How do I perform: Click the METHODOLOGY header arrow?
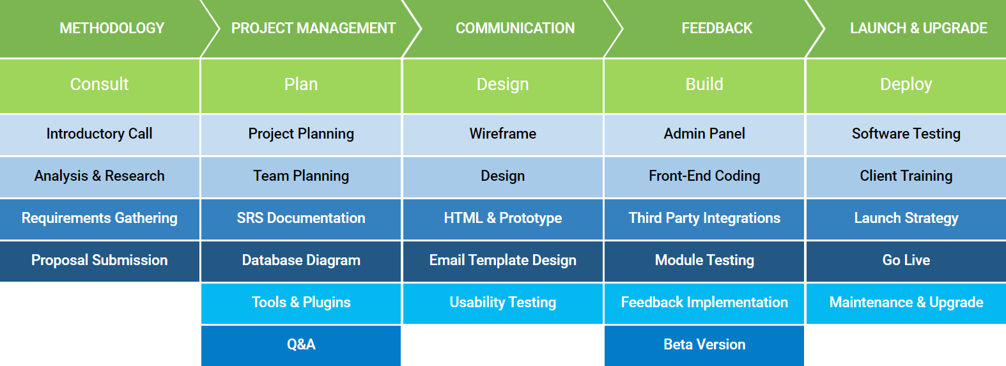click(112, 28)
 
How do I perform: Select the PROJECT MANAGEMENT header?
click(313, 28)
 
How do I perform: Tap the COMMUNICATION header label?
click(515, 28)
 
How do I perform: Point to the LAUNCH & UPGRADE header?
click(918, 28)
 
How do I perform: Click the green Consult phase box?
click(100, 85)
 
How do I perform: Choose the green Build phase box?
click(704, 85)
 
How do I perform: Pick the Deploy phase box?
click(906, 85)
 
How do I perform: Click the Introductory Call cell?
click(100, 134)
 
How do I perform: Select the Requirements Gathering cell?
click(100, 218)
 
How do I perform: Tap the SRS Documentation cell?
click(301, 218)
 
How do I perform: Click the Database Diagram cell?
click(301, 261)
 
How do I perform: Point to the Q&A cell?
click(301, 345)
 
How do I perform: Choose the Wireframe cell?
click(503, 134)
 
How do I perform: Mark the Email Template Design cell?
click(503, 261)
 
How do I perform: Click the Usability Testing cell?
click(503, 303)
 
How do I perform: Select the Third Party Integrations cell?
click(704, 218)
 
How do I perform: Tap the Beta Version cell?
click(704, 345)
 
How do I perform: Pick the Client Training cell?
click(906, 176)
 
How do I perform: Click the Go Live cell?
click(906, 261)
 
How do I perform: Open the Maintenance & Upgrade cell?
click(906, 303)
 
